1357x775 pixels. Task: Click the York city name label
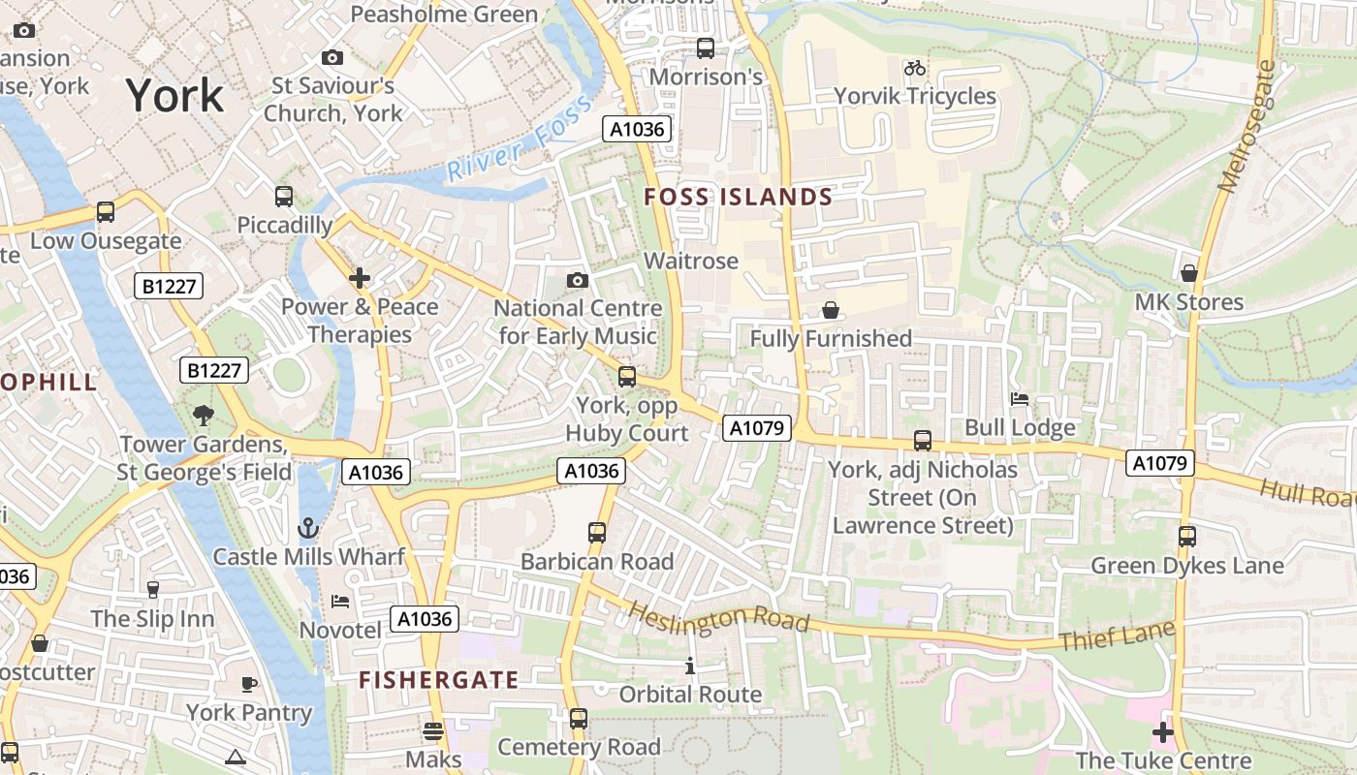pyautogui.click(x=175, y=95)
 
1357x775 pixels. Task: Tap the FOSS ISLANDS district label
pyautogui.click(x=738, y=197)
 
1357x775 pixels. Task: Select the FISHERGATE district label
pyautogui.click(x=439, y=679)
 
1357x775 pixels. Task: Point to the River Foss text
pyautogui.click(x=518, y=139)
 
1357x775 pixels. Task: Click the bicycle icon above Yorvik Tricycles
pyautogui.click(x=914, y=68)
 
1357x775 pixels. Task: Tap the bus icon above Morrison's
pyautogui.click(x=706, y=47)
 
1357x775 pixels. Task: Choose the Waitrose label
pyautogui.click(x=691, y=261)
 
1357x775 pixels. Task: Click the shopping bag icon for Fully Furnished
pyautogui.click(x=831, y=310)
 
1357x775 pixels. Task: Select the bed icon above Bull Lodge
pyautogui.click(x=1020, y=398)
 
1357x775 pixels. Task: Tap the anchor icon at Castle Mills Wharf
pyautogui.click(x=307, y=528)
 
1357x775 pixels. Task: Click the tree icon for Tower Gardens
pyautogui.click(x=203, y=416)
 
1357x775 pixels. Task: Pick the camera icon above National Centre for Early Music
pyautogui.click(x=578, y=280)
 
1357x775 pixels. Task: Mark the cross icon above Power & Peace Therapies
pyautogui.click(x=360, y=279)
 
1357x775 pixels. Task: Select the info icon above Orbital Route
pyautogui.click(x=690, y=666)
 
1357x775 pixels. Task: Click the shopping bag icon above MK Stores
pyautogui.click(x=1189, y=273)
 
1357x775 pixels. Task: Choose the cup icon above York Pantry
pyautogui.click(x=249, y=684)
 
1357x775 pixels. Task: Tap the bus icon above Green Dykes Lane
pyautogui.click(x=1187, y=536)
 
